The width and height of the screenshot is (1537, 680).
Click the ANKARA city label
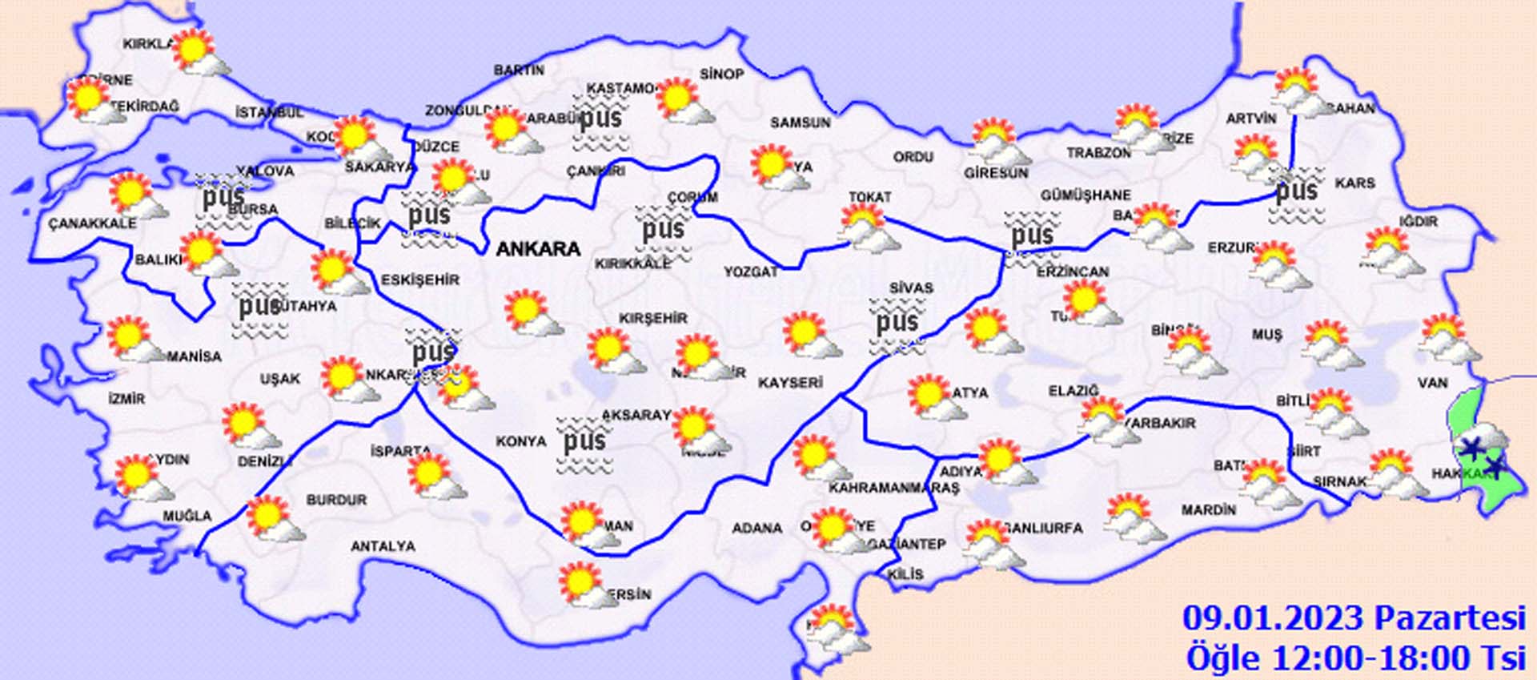(538, 249)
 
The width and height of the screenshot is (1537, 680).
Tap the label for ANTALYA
(383, 546)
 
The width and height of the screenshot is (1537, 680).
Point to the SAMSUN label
(800, 123)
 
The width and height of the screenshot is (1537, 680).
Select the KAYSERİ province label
(790, 383)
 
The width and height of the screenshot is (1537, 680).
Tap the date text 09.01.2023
(1273, 619)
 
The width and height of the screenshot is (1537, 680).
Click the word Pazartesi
(1450, 619)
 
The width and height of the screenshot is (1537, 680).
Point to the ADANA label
(756, 528)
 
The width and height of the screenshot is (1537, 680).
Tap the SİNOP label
(721, 74)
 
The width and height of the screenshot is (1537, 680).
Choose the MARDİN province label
(1208, 509)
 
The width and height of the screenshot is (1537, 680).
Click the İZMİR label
(127, 399)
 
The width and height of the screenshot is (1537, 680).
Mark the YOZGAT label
(751, 272)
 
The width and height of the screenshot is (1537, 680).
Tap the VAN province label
(1432, 383)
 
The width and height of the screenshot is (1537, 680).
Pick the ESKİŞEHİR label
(420, 280)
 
